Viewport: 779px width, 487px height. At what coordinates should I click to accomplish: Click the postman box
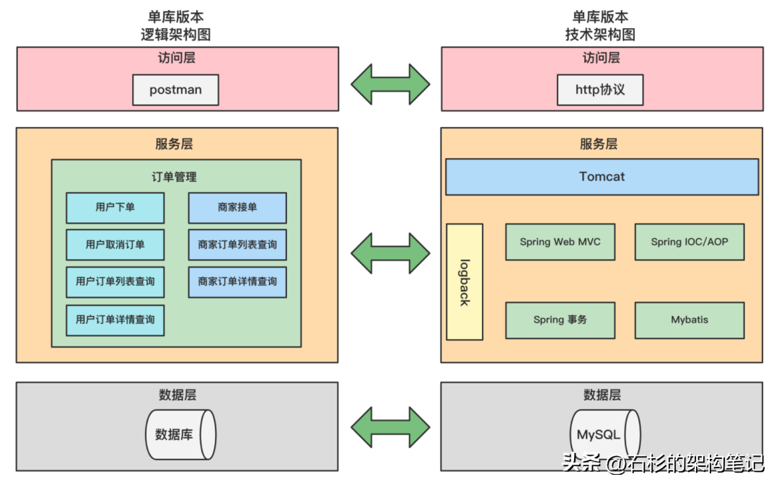pos(175,90)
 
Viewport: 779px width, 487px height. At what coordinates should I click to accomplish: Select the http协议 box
pos(599,90)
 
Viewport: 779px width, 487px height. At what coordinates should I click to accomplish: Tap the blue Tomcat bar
pos(602,177)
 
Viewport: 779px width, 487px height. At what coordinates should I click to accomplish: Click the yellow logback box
pos(465,281)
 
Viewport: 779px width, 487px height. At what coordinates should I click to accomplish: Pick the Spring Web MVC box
pos(560,242)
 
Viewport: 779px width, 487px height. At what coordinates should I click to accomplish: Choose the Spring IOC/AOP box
pos(689,242)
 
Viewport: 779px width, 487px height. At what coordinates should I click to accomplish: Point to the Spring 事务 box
pos(560,320)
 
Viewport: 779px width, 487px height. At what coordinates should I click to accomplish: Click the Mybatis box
pos(689,320)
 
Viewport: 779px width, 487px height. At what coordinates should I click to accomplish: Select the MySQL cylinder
pos(604,435)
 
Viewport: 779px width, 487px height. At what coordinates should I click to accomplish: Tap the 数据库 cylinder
pos(180,435)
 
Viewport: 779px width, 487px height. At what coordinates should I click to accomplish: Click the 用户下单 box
pos(115,208)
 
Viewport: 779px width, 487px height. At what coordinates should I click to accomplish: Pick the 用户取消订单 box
pos(115,245)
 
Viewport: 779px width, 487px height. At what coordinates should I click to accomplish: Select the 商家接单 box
pos(237,208)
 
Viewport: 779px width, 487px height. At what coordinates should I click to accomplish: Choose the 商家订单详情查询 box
pos(237,281)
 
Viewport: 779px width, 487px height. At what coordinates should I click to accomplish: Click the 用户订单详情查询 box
pos(115,320)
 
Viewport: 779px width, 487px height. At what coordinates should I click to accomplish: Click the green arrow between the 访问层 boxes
pos(390,84)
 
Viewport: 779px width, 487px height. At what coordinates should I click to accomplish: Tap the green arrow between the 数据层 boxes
pos(390,427)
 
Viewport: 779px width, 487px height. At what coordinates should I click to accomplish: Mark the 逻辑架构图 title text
pos(175,34)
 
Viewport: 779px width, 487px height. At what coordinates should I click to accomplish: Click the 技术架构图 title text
pos(600,34)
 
